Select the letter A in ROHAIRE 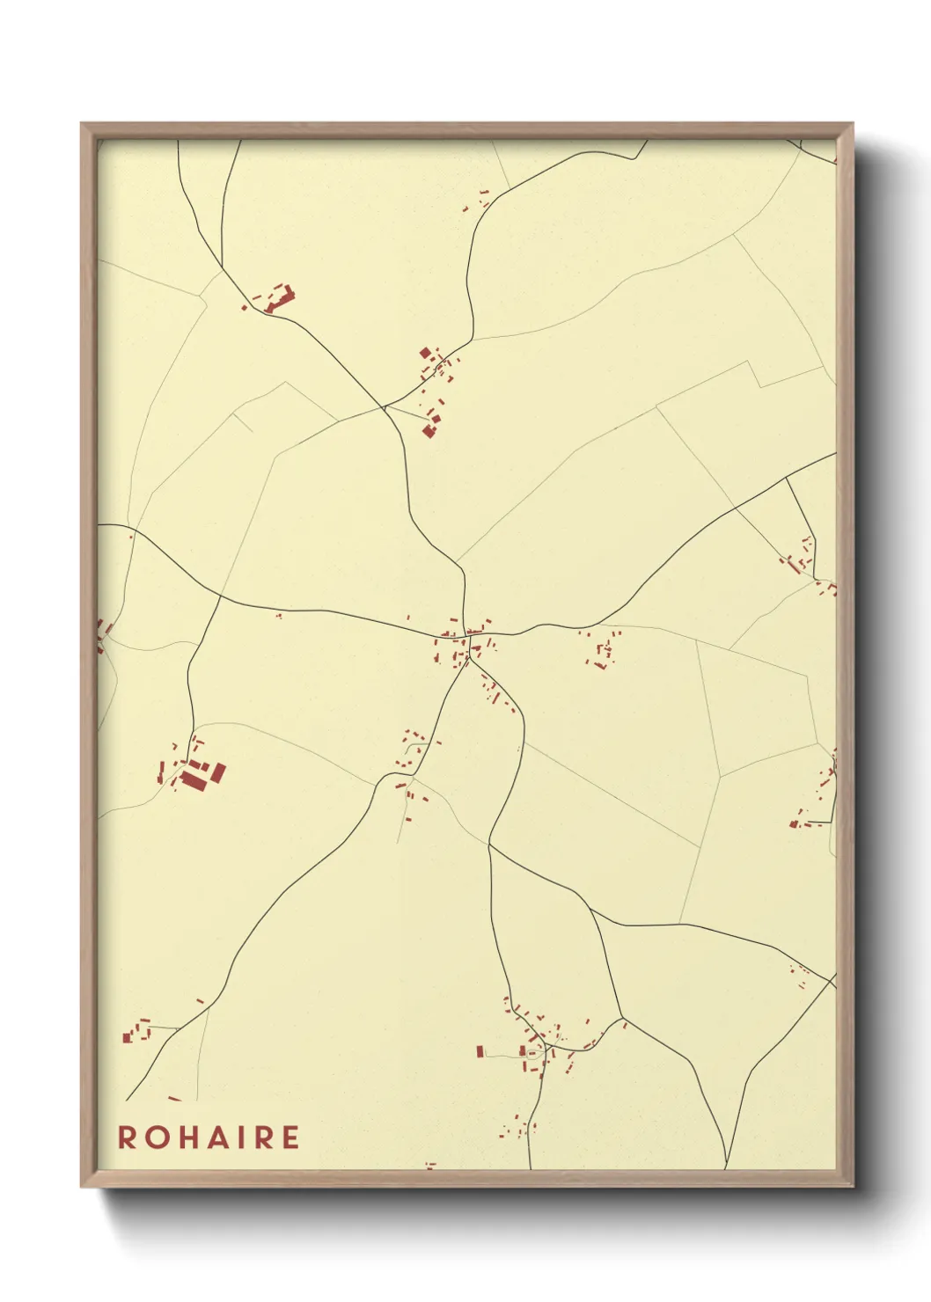click(220, 1137)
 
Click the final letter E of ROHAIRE click(291, 1137)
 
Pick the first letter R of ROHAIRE click(127, 1137)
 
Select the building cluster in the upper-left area click(276, 298)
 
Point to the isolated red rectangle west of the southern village click(480, 1051)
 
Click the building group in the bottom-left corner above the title click(137, 1031)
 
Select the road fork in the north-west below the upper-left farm click(384, 407)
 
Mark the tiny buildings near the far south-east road click(801, 973)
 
